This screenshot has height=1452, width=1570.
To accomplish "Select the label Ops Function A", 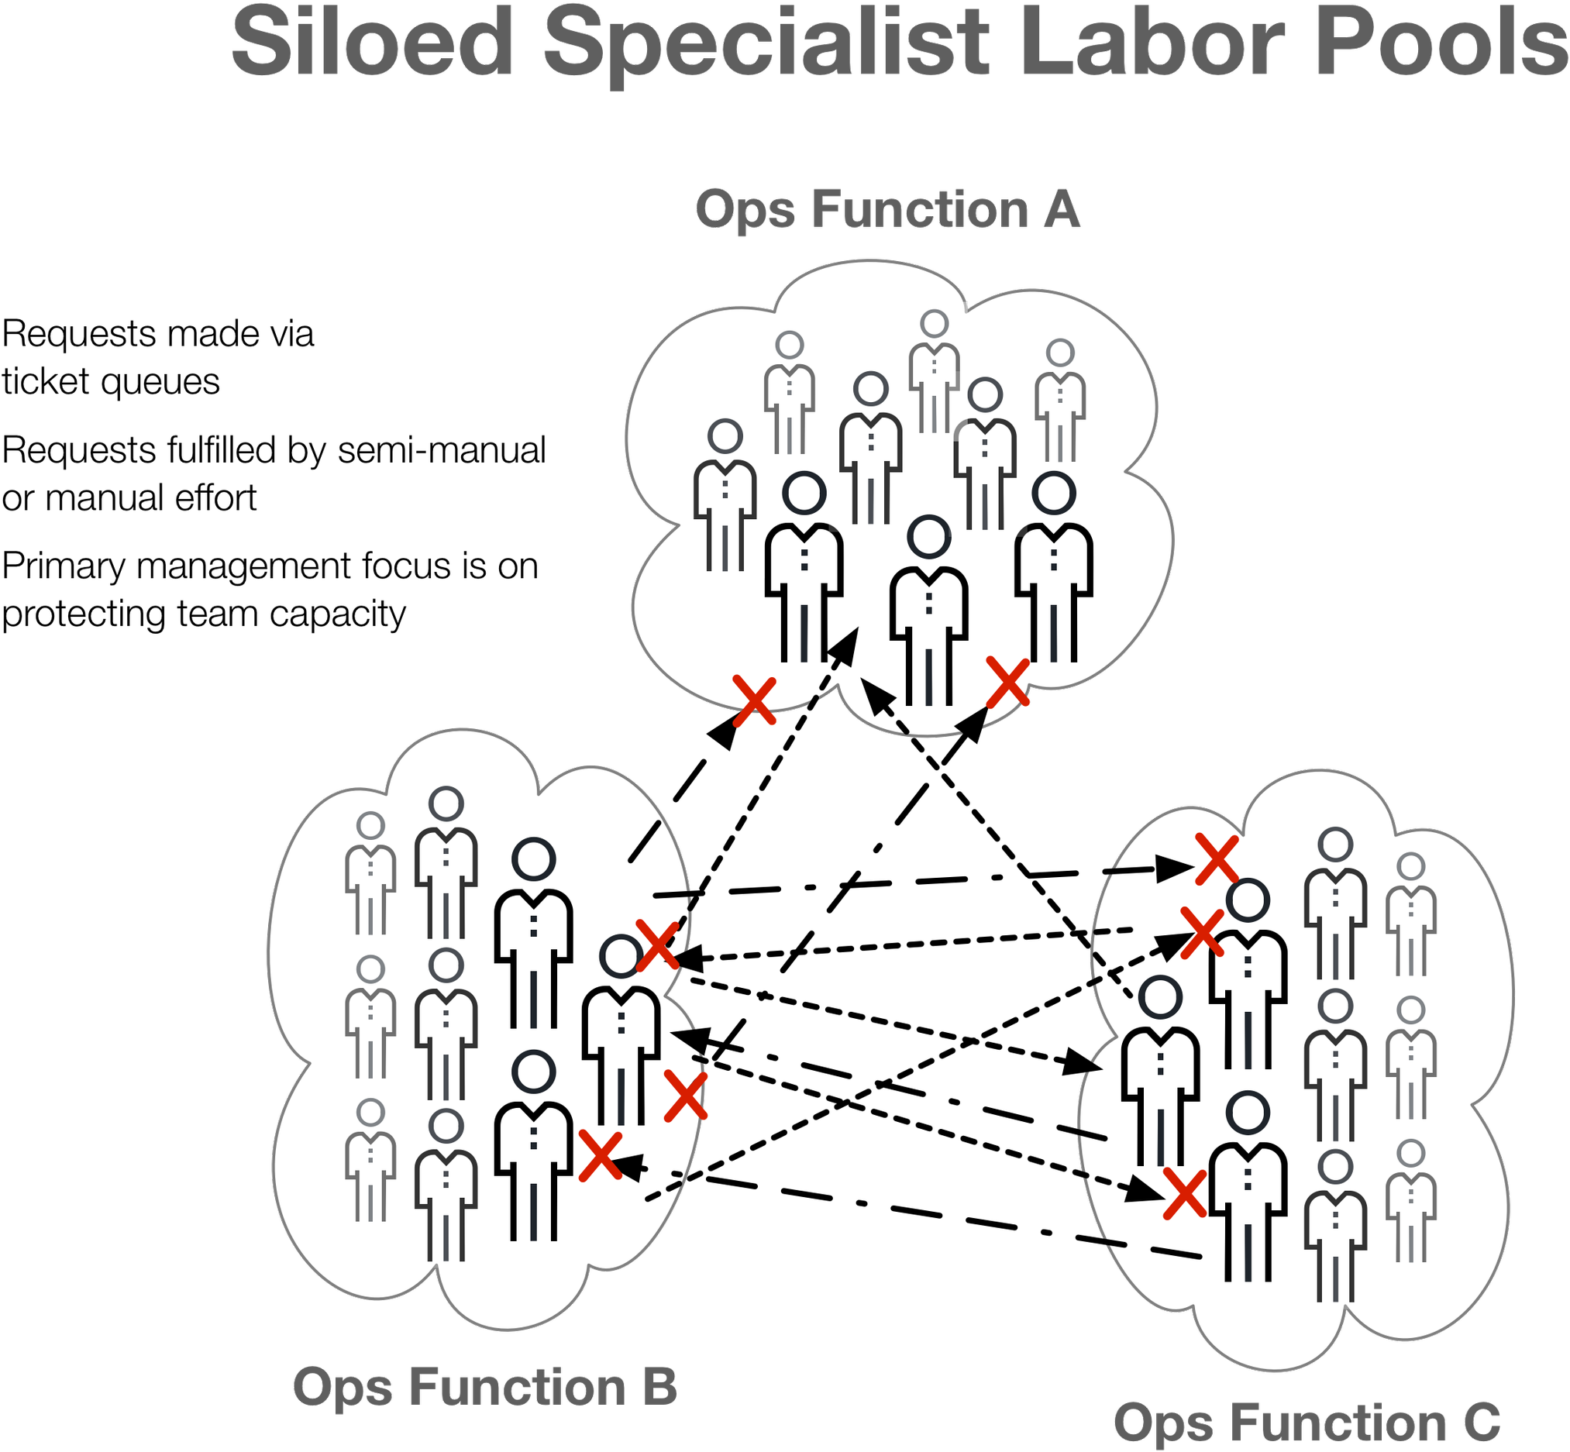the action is click(x=887, y=210).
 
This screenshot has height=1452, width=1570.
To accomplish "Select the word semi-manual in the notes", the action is click(x=442, y=450).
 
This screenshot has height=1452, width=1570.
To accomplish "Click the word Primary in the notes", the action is click(x=64, y=566).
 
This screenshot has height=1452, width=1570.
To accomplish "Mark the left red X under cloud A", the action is click(x=754, y=700).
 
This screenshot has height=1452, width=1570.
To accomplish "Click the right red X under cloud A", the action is click(x=1008, y=683).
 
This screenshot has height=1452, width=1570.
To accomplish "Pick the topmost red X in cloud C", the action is click(x=1217, y=859).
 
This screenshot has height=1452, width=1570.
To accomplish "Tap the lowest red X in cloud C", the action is click(x=1185, y=1193).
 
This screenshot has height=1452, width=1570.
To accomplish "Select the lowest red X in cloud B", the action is click(x=601, y=1155).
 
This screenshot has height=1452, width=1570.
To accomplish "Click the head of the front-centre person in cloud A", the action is click(x=928, y=538).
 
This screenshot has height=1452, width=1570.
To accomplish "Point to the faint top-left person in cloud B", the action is click(x=371, y=874).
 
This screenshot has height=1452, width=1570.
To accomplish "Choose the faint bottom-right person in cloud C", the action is click(x=1411, y=1202).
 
